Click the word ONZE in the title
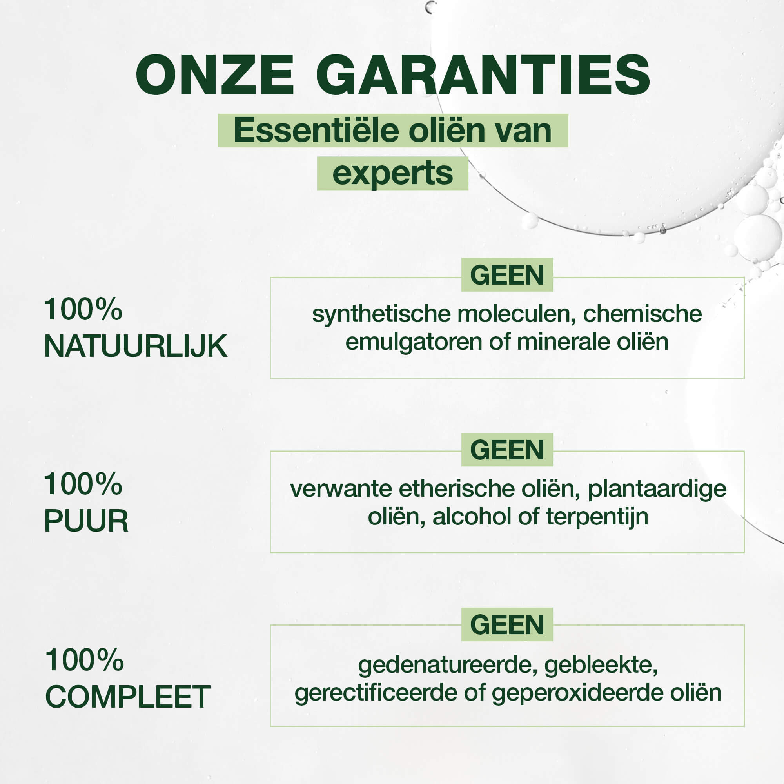pyautogui.click(x=215, y=76)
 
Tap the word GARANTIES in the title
pyautogui.click(x=483, y=76)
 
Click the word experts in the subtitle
pyautogui.click(x=392, y=174)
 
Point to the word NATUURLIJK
pyautogui.click(x=135, y=346)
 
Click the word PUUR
pyautogui.click(x=86, y=521)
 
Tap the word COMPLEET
pyautogui.click(x=127, y=696)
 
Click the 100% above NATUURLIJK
pyautogui.click(x=83, y=309)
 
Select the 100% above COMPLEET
pyautogui.click(x=84, y=660)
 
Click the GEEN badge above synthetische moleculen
pyautogui.click(x=507, y=275)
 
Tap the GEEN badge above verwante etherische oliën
pyautogui.click(x=507, y=450)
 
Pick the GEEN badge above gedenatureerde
pyautogui.click(x=507, y=624)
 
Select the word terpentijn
pyautogui.click(x=597, y=517)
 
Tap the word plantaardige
pyautogui.click(x=657, y=489)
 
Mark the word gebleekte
pyautogui.click(x=601, y=666)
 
